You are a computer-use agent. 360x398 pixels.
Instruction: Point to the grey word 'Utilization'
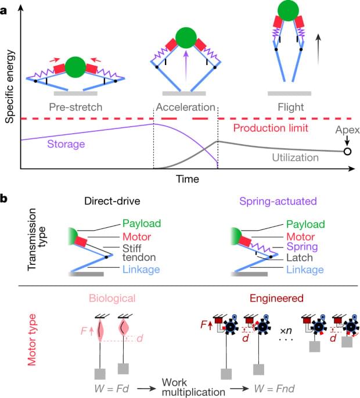point(295,157)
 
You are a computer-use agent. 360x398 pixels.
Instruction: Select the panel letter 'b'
point(5,198)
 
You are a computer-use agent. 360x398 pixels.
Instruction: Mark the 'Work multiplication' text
point(190,386)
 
